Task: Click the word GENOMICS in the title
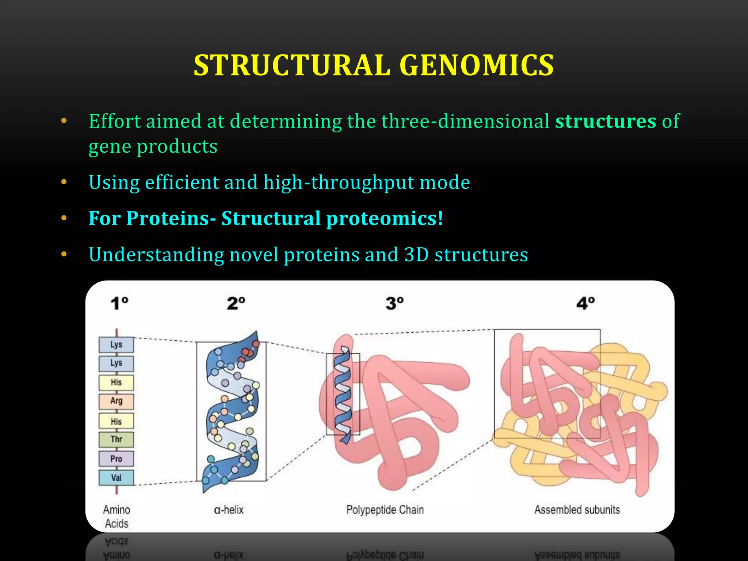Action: pos(477,65)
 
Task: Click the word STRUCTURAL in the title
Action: pos(292,65)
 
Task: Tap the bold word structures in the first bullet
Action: pos(606,121)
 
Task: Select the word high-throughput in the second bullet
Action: pos(338,182)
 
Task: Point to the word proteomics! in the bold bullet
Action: pos(384,218)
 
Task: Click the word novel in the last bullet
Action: pos(253,255)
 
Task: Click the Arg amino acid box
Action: pos(116,401)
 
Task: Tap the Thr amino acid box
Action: pos(116,439)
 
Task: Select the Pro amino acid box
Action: pos(116,459)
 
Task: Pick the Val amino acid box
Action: pos(116,478)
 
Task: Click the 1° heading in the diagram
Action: pos(119,304)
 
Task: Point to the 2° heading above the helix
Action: pos(236,304)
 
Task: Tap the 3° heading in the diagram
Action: pos(394,304)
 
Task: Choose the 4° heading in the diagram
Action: pos(585,304)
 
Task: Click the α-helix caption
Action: pos(229,510)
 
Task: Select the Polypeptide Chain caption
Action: pos(385,510)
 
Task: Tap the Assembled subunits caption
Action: pos(577,510)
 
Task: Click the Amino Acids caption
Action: pos(117,516)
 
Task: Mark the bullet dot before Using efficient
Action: pos(64,182)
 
